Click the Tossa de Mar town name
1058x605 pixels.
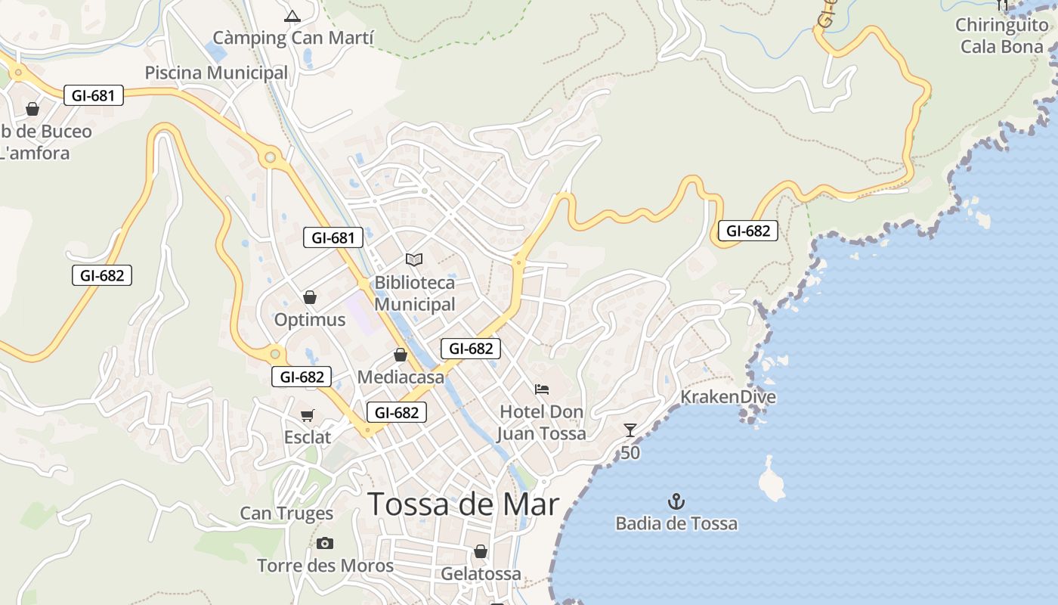(463, 504)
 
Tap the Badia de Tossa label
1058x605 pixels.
(676, 523)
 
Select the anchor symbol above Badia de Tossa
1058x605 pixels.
(676, 501)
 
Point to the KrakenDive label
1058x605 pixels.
(728, 397)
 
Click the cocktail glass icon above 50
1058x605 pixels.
(630, 430)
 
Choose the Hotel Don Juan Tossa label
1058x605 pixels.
(541, 423)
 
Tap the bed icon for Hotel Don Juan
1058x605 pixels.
(542, 389)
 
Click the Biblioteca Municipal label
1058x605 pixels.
(415, 293)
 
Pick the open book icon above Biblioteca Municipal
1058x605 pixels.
(414, 259)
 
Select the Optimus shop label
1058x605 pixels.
(309, 320)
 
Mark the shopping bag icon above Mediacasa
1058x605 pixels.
(401, 355)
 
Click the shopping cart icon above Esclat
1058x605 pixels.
(308, 415)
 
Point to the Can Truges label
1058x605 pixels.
(286, 513)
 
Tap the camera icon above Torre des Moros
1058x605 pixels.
(325, 543)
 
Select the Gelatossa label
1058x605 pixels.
(481, 574)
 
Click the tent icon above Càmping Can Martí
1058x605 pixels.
(292, 16)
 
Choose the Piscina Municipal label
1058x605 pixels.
(216, 73)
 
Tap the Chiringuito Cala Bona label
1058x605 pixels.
(1001, 36)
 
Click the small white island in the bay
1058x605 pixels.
(772, 480)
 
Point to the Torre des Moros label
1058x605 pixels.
(325, 566)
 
